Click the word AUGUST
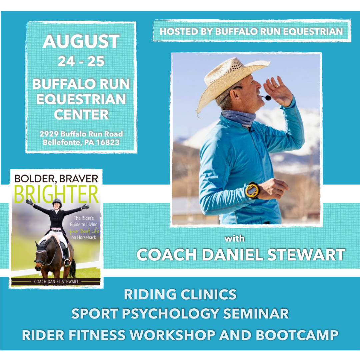pos(81,42)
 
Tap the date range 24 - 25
pos(81,61)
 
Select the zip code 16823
pos(108,142)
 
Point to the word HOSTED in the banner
pos(179,31)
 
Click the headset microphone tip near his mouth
pos(268,98)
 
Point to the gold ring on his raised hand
pos(277,87)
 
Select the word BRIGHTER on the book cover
pos(56,194)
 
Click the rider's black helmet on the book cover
pos(57,202)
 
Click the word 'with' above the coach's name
pos(234,239)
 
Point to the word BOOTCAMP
pos(297,335)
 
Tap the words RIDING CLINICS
pos(180,294)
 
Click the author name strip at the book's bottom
pos(56,282)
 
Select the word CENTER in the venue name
pos(81,115)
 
